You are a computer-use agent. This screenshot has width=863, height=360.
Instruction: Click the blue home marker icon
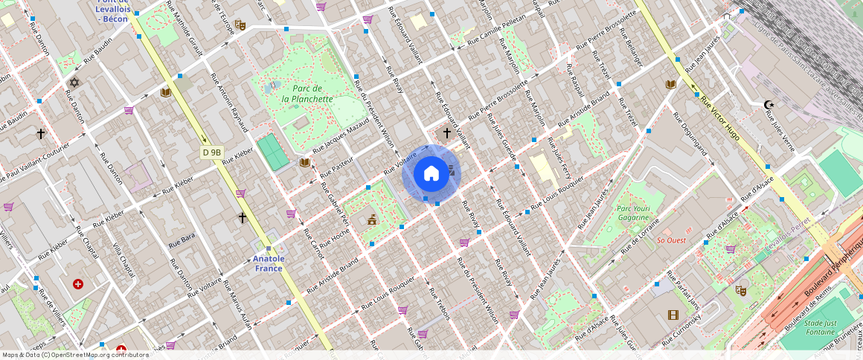431,174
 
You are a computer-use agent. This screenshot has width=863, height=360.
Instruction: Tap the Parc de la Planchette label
307,94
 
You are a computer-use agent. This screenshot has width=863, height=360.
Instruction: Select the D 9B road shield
212,152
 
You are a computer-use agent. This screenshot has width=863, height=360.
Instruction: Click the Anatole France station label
269,263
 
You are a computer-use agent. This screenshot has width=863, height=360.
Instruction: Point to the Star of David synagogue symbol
74,83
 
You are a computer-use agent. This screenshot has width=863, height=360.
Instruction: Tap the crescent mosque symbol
769,105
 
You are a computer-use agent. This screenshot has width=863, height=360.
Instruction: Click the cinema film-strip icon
673,315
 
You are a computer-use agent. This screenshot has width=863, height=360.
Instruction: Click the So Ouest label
671,240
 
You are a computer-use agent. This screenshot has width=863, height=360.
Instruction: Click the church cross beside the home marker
446,133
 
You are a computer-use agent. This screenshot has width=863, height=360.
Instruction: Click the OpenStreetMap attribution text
75,355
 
